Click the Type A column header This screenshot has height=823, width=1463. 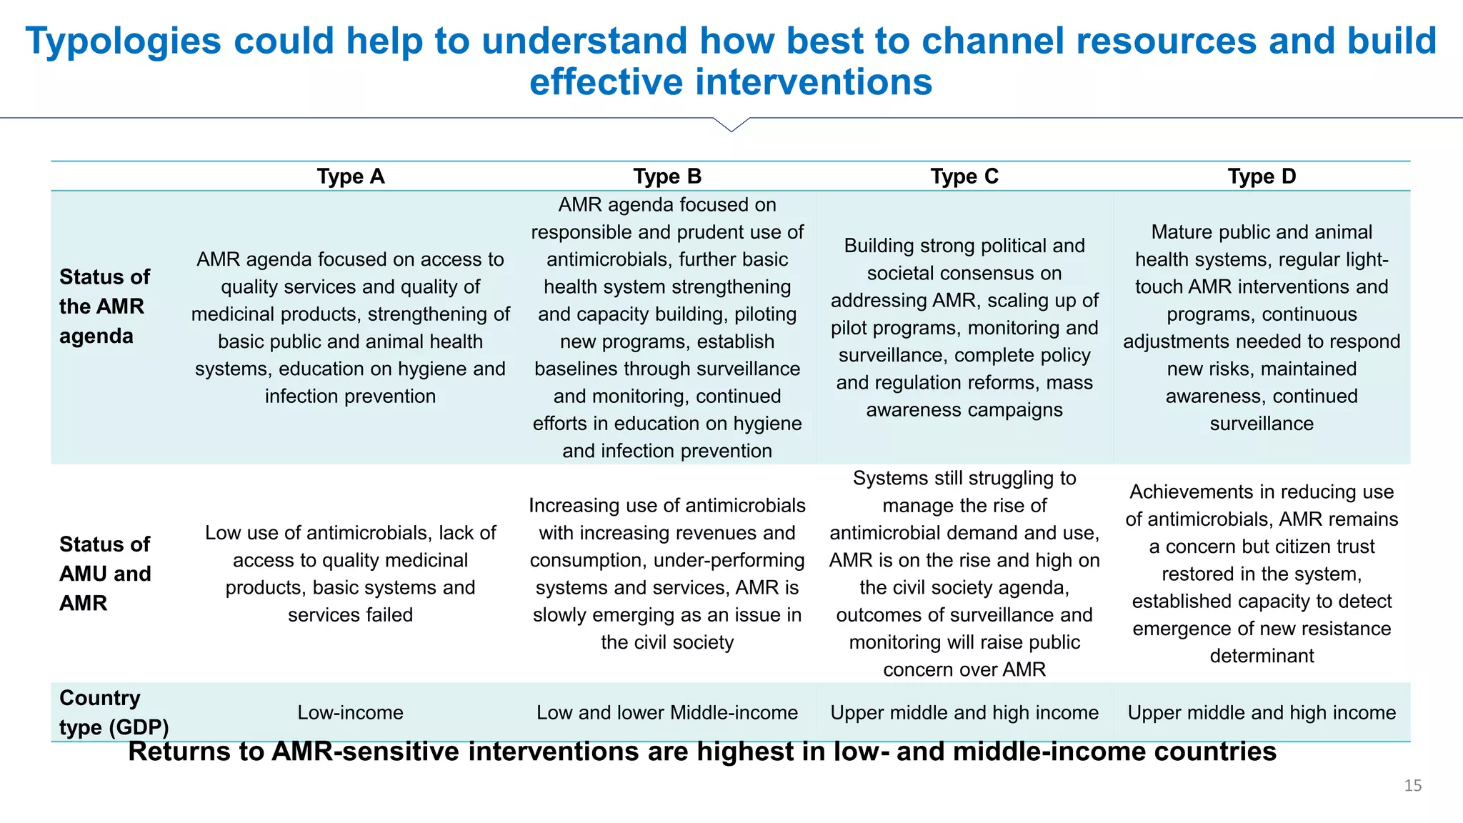tap(350, 176)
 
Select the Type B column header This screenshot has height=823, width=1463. tap(667, 176)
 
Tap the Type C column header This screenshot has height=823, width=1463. tap(964, 176)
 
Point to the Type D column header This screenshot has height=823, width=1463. tap(1262, 176)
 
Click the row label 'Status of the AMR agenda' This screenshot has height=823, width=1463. tap(104, 306)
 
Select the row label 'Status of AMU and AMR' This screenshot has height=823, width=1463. tap(105, 574)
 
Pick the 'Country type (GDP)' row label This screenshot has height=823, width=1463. tap(114, 712)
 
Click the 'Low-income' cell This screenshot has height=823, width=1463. tap(350, 712)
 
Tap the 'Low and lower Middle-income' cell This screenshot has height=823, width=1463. tap(667, 712)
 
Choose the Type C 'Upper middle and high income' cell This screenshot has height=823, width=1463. tap(964, 712)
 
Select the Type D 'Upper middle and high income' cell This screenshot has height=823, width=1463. tap(1262, 712)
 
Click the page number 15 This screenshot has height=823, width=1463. tap(1413, 786)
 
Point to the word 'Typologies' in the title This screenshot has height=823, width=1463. tap(123, 41)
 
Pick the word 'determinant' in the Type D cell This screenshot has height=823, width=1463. tap(1262, 656)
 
